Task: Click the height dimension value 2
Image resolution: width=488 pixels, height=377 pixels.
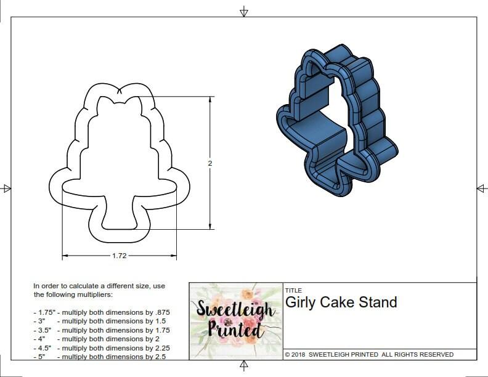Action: [210, 163]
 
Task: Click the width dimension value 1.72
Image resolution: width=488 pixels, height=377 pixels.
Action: [119, 256]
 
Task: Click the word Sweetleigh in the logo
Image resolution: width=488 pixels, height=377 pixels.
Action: [235, 309]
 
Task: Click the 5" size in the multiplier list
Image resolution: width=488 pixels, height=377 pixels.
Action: [40, 357]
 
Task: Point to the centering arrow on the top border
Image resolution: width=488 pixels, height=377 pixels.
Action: [244, 11]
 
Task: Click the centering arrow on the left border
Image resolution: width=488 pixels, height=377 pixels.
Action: [6, 188]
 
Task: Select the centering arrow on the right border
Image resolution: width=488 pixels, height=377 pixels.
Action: [482, 188]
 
